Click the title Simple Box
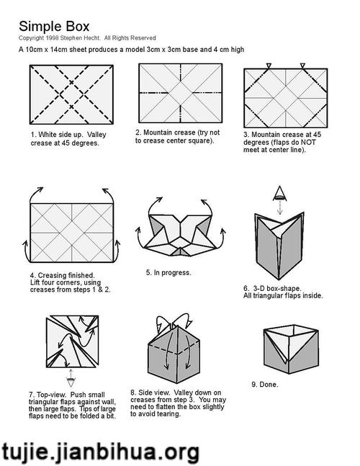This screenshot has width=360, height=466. (54, 27)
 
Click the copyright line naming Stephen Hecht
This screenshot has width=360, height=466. (87, 38)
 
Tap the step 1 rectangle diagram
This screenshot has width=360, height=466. (71, 94)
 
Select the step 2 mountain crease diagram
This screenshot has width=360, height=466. (180, 93)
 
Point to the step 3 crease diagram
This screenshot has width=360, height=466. (286, 98)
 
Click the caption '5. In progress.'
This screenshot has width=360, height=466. (168, 272)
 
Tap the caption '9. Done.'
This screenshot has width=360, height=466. (265, 385)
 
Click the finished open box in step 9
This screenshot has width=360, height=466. (291, 349)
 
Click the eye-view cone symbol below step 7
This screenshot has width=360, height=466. (71, 382)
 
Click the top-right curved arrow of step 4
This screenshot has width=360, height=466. (109, 194)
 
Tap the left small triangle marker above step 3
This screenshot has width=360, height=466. (269, 66)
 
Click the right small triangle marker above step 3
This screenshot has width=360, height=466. (302, 66)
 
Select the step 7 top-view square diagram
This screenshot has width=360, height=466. (72, 341)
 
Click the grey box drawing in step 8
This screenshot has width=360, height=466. (174, 354)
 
